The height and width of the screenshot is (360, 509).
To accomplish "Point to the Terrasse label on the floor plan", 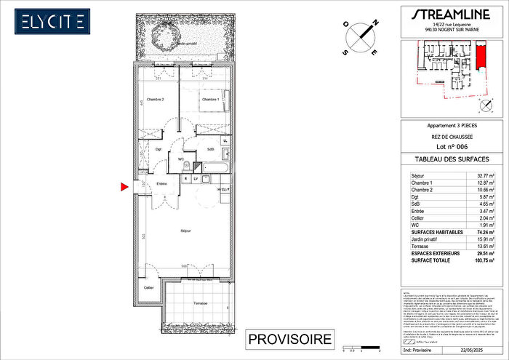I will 200,303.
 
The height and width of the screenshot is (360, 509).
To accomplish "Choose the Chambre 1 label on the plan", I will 210,100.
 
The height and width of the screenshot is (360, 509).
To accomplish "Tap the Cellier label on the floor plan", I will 148,289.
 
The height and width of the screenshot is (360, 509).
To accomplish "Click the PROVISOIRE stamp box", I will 289,339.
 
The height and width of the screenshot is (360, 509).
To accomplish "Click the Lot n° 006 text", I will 446,146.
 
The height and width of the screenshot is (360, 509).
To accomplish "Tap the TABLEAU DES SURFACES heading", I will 446,159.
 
